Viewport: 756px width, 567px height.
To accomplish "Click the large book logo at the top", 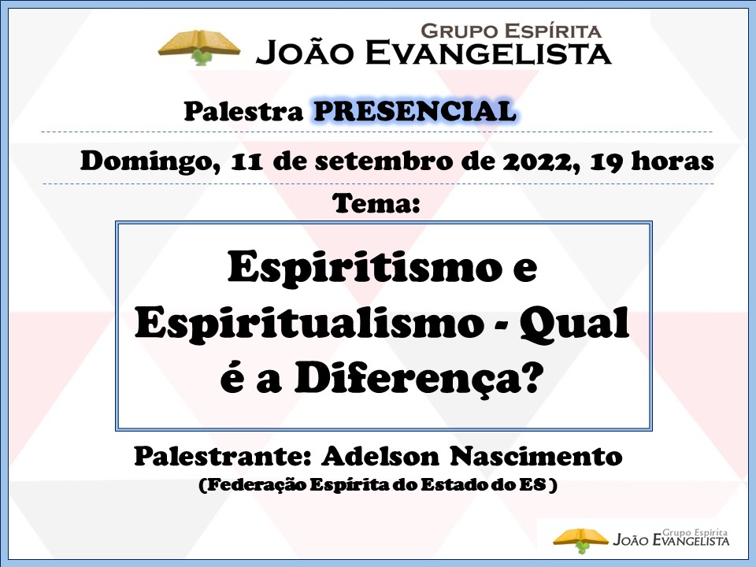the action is (199, 47).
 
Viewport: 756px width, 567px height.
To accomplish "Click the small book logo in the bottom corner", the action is (581, 540).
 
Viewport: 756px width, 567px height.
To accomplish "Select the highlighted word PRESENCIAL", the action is (415, 111).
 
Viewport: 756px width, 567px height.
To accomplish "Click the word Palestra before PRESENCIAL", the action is (243, 111).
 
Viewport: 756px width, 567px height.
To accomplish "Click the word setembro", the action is (383, 161).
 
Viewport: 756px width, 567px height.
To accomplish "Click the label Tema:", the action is (376, 203).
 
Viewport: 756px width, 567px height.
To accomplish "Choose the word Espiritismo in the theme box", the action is (365, 268).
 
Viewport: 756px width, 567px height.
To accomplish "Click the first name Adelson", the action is (380, 456).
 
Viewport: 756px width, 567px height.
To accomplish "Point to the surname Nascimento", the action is (535, 456).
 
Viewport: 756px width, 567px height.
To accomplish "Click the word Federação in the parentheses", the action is (255, 484).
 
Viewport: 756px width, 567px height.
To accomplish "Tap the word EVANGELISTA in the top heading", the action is (488, 53).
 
